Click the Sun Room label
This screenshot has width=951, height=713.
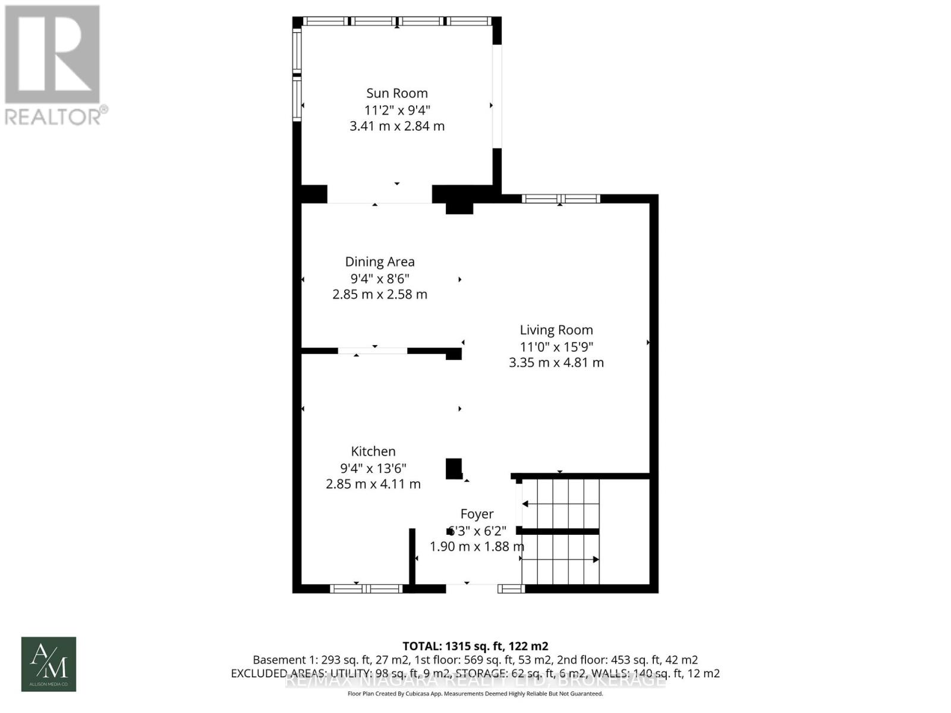[x=396, y=93]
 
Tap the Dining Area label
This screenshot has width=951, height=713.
[x=380, y=261]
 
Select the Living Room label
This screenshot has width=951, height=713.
[x=556, y=330]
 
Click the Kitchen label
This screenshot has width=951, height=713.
[x=373, y=451]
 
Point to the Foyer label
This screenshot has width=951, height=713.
[x=477, y=514]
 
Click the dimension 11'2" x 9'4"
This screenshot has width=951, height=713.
[x=396, y=110]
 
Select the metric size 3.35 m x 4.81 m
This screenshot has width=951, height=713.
[x=556, y=362]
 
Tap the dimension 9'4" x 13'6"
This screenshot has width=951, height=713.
[x=373, y=468]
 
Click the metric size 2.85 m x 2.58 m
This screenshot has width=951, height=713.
[x=380, y=294]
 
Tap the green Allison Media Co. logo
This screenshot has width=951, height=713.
[x=49, y=664]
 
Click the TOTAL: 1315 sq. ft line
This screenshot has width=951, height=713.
[x=475, y=646]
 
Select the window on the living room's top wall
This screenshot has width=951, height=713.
[x=560, y=198]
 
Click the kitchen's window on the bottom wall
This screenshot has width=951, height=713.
[x=366, y=589]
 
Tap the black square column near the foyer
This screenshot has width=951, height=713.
[x=454, y=468]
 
